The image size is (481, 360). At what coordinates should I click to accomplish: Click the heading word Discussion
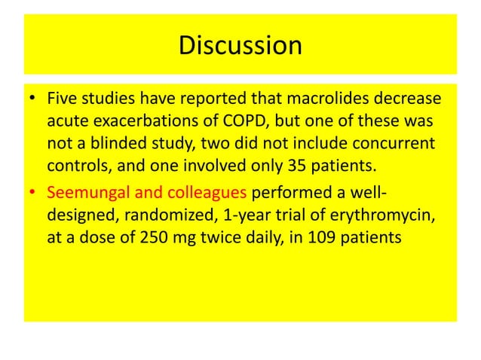(240, 45)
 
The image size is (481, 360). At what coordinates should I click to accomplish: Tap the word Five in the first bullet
(63, 100)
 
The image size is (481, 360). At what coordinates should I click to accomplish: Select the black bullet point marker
(35, 101)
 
